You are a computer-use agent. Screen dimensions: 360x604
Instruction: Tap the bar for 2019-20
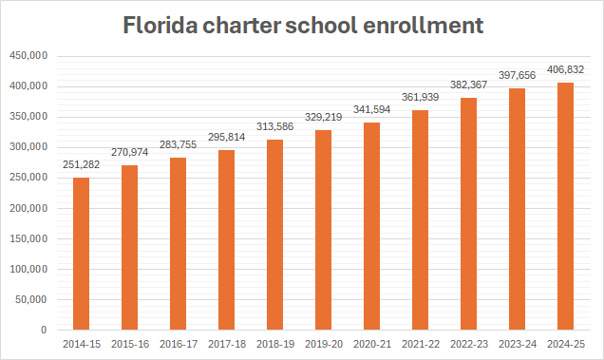coord(323,230)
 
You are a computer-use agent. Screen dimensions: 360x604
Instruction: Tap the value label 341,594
coord(372,111)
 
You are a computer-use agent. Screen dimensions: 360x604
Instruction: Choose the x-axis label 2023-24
coord(519,344)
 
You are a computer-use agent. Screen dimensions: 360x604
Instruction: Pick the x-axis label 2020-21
coord(372,344)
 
